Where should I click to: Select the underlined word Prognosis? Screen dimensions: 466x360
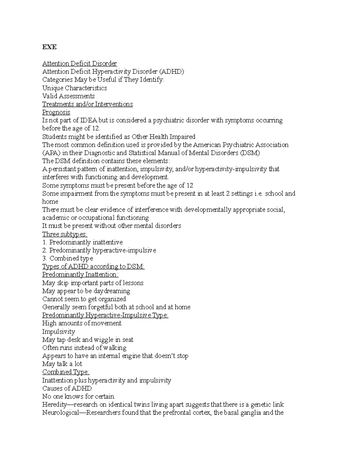pos(56,112)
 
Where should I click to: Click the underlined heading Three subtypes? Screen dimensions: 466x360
pos(64,234)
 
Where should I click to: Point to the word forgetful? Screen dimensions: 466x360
pos(100,307)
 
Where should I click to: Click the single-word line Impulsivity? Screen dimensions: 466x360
pos(58,332)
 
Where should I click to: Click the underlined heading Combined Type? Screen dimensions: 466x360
pos(66,372)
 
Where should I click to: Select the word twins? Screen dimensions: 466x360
pos(142,404)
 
